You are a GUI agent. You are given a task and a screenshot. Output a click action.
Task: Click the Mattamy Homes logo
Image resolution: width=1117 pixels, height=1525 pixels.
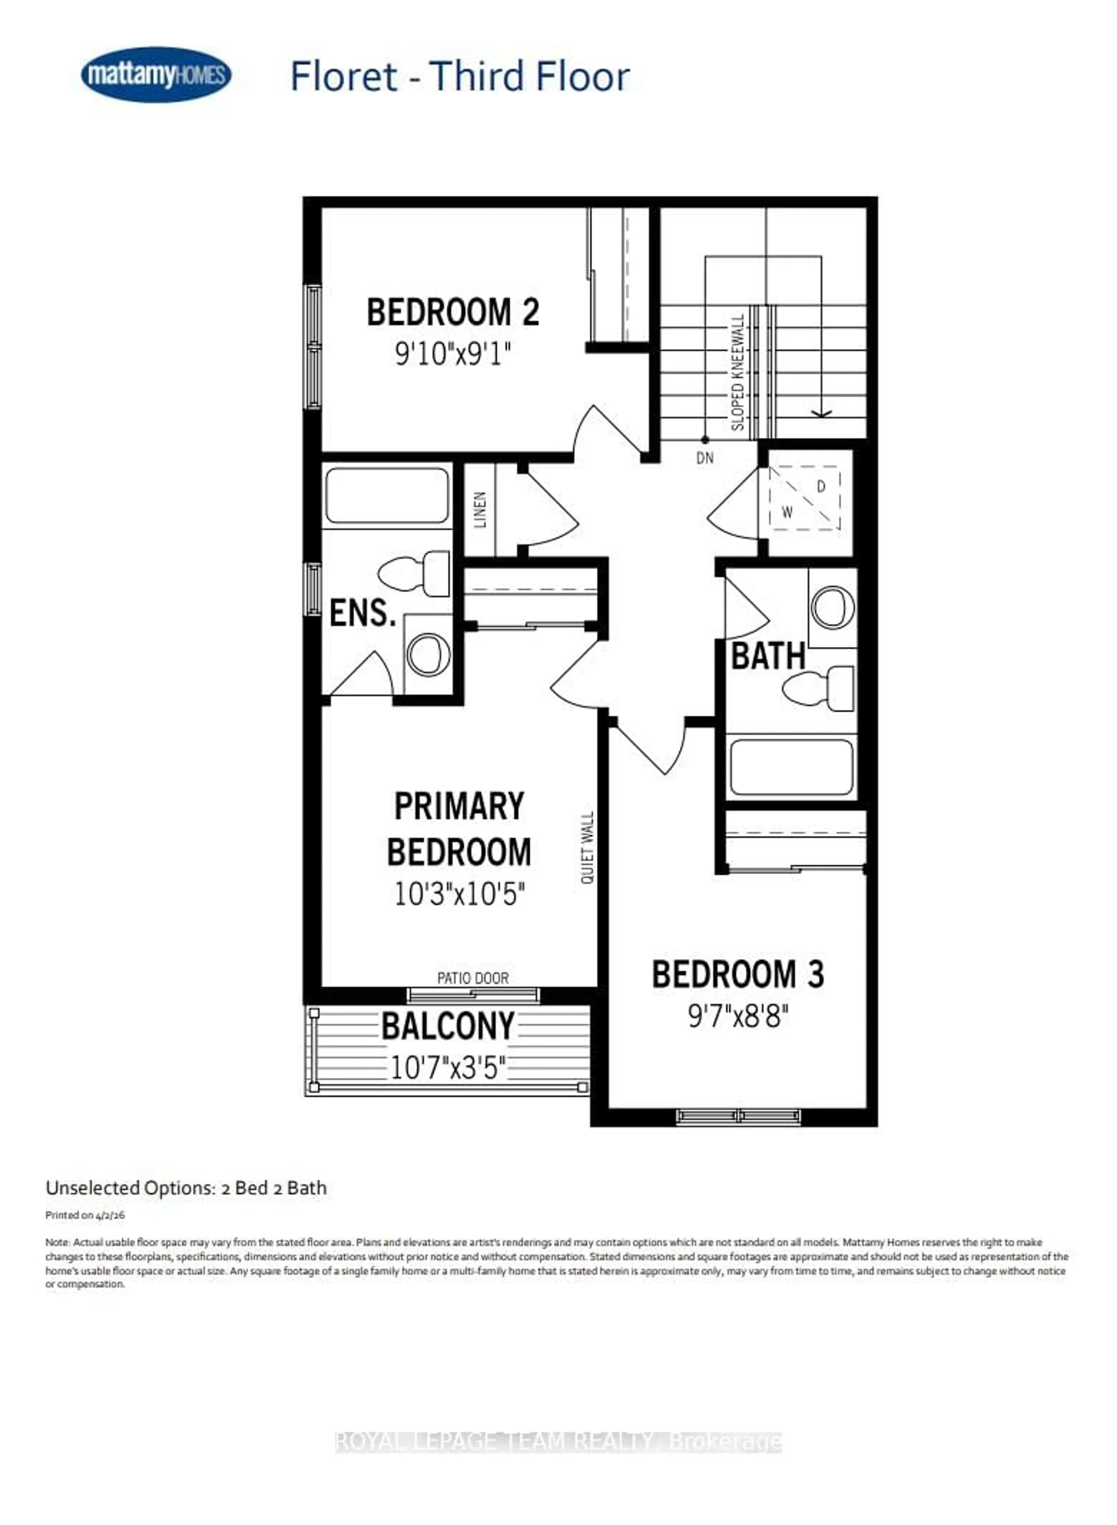[x=156, y=74]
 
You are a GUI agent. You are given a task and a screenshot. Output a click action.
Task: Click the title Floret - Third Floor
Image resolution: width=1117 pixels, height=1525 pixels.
[x=460, y=76]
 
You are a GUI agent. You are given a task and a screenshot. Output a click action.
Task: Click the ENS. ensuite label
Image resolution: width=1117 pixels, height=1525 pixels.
[x=362, y=613]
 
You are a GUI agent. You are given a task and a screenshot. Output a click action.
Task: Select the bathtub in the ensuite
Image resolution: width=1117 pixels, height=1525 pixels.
[x=387, y=496]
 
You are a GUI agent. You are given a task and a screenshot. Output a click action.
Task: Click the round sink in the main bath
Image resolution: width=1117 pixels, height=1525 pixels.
[x=832, y=606]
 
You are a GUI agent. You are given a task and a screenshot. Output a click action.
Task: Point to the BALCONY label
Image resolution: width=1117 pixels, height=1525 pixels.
[x=448, y=1026]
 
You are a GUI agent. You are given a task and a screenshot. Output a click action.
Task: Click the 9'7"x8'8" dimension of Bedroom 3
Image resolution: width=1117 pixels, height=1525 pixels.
[x=738, y=1015]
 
